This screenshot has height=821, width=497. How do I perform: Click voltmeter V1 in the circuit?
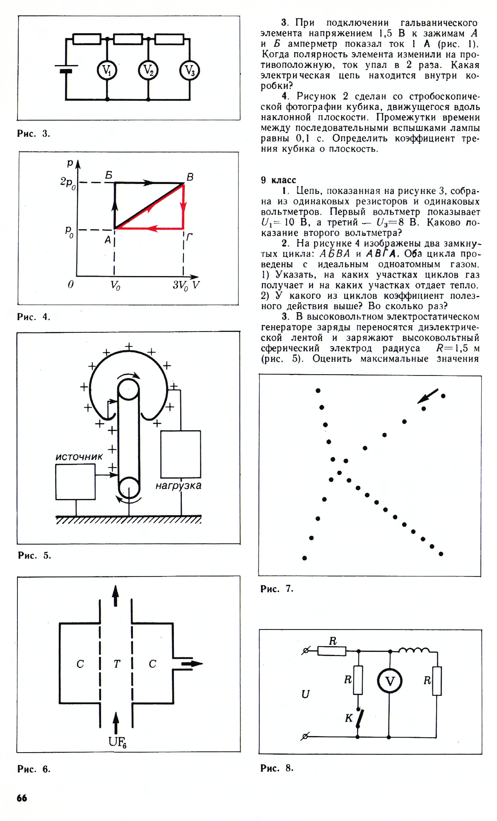(x=107, y=71)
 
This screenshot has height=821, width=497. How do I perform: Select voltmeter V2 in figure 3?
(x=148, y=71)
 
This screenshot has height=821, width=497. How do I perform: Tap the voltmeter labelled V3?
(x=189, y=71)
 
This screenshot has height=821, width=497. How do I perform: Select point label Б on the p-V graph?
(x=109, y=175)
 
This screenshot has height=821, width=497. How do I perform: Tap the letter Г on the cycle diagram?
(x=189, y=237)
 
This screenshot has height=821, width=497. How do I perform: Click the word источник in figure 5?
(x=79, y=457)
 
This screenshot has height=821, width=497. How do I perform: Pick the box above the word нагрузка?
(x=181, y=454)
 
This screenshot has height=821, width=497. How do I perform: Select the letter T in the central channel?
(x=116, y=664)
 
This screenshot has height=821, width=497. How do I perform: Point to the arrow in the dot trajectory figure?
(x=428, y=396)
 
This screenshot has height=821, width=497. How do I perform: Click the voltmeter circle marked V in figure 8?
(x=389, y=681)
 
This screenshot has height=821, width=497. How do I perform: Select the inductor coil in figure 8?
(x=414, y=650)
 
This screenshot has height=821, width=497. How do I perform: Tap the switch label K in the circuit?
(x=349, y=718)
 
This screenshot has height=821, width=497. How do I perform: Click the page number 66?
(x=22, y=798)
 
